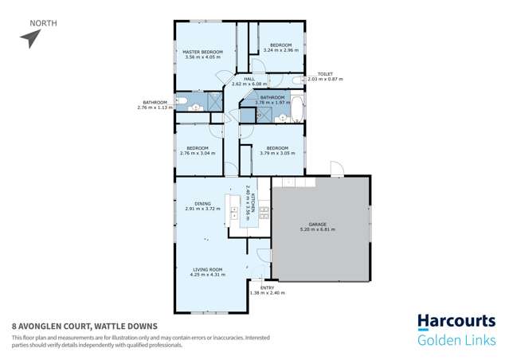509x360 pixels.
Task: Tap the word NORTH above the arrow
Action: [x=42, y=23]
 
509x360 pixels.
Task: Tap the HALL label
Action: [x=249, y=78]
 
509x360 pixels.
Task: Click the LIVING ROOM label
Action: [x=207, y=269]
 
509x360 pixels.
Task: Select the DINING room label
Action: [x=192, y=203]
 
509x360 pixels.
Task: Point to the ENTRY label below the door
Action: [x=267, y=288]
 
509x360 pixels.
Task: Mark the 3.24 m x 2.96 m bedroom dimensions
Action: [x=280, y=50]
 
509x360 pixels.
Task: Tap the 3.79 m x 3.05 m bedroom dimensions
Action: [x=276, y=153]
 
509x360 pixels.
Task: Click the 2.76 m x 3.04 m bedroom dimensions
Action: [x=198, y=153]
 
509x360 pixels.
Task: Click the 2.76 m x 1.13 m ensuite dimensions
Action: [x=155, y=107]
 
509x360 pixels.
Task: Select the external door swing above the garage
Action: [x=336, y=168]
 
